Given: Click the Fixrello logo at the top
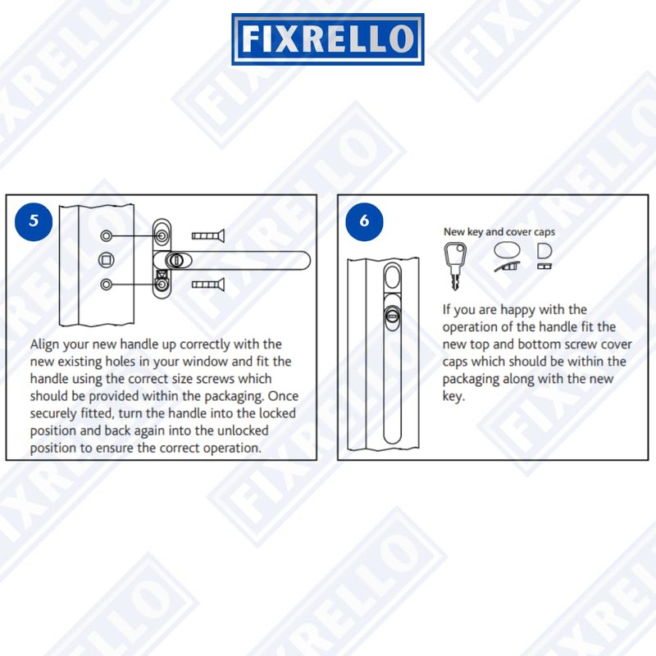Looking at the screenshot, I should pos(328,39).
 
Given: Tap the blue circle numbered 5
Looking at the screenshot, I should pos(34,221).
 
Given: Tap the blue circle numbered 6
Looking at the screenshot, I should pos(364,221).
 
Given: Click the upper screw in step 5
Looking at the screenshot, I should pos(207,236).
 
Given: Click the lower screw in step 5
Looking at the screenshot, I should pos(207,285).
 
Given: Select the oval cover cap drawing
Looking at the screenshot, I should pos(507,250).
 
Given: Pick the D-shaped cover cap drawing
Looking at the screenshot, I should pos(544,250).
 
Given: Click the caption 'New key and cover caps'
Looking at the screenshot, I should pos(499,232).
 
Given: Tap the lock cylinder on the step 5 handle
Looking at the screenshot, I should pos(173,261).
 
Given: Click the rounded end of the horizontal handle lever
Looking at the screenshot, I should pos(303,261).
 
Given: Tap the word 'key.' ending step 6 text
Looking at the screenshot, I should pos(456,396).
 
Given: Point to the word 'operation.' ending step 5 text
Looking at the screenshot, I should pos(231,448).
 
